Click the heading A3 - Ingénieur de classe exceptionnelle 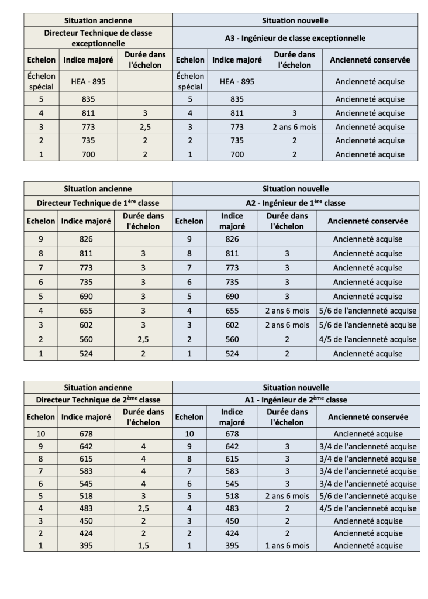[x=295, y=38]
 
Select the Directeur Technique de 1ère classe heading [x=98, y=203]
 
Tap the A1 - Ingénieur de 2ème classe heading [x=295, y=400]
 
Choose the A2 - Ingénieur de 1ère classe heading [x=295, y=203]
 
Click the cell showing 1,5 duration [x=144, y=546]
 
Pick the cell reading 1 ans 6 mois [x=287, y=546]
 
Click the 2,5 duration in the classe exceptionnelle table [x=144, y=127]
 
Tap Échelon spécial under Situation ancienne [x=41, y=82]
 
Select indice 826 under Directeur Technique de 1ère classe [x=87, y=239]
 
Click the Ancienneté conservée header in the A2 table [x=368, y=221]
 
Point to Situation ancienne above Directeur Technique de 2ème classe [x=98, y=387]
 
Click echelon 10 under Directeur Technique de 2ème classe [x=41, y=433]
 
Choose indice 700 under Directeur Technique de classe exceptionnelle [x=87, y=154]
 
